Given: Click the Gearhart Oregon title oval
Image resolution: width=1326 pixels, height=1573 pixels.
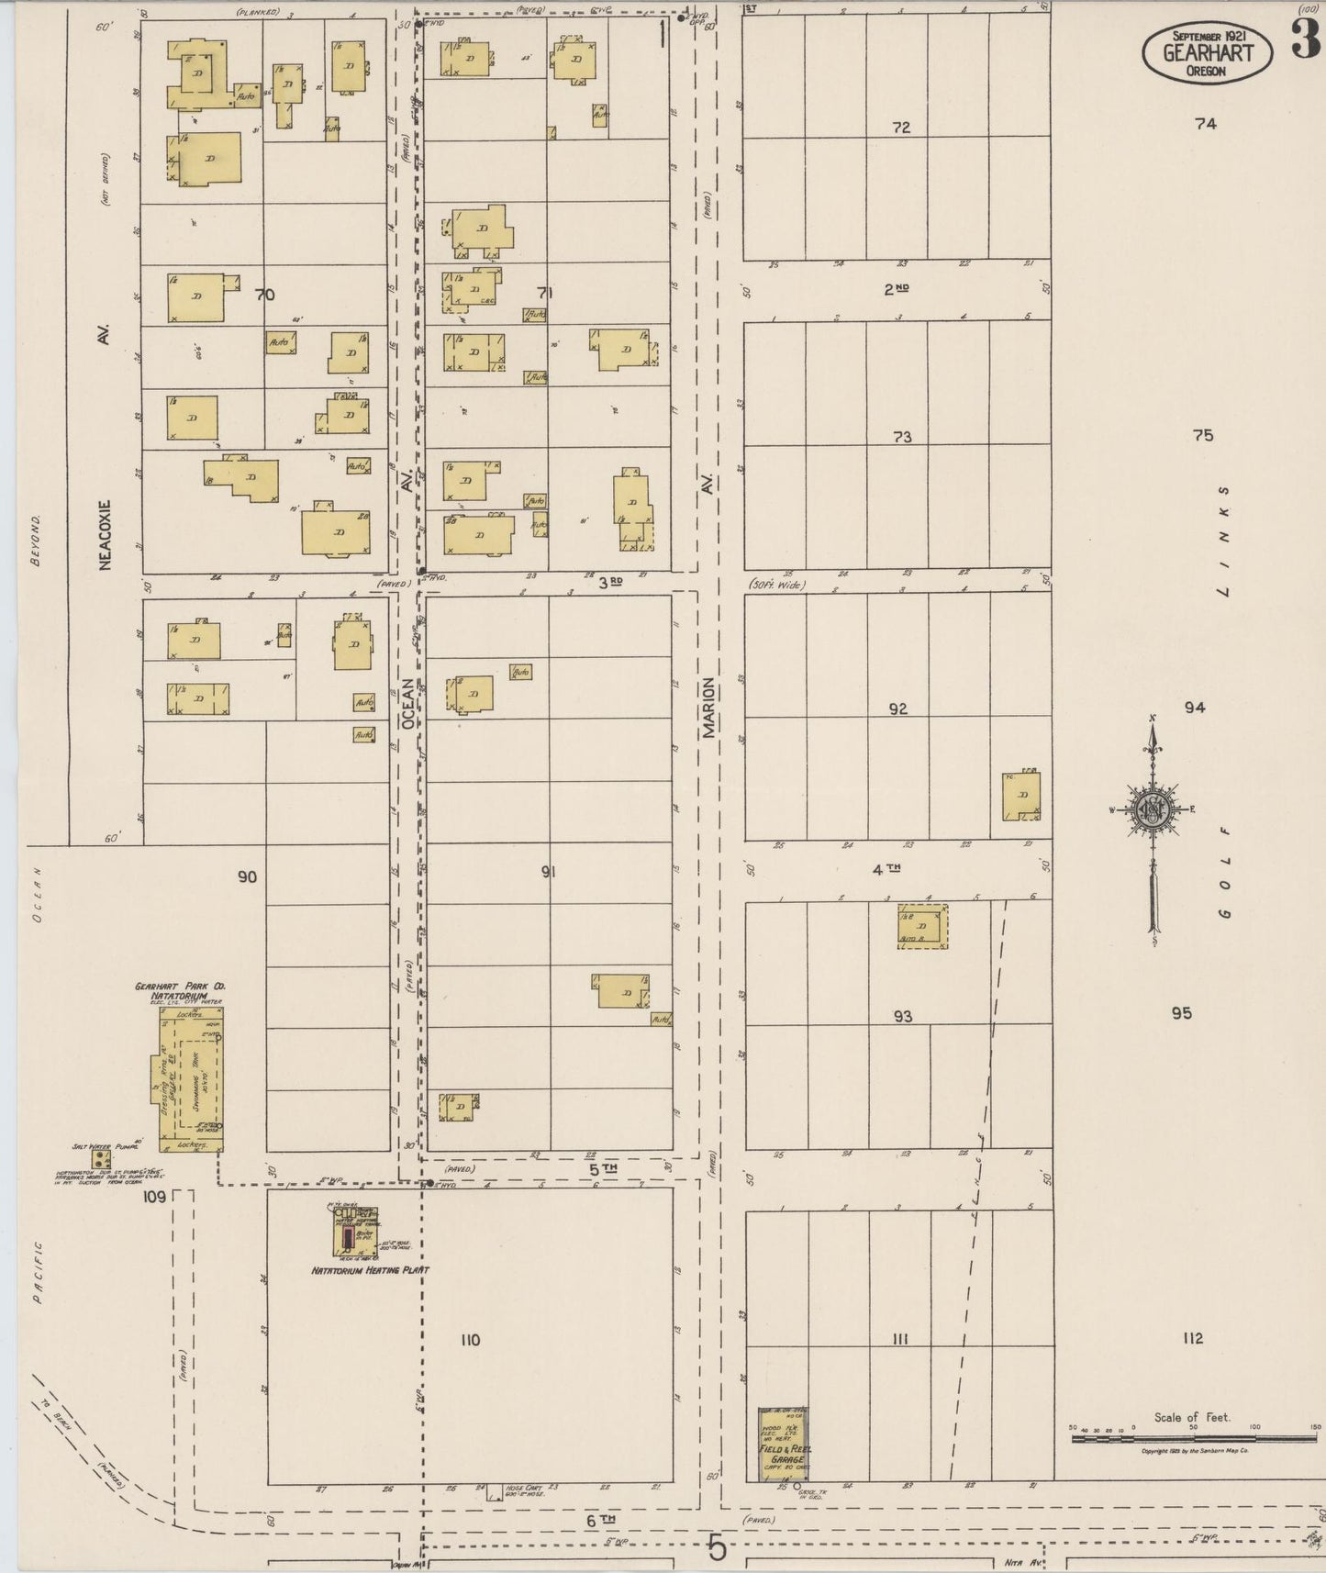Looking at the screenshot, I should [x=1207, y=51].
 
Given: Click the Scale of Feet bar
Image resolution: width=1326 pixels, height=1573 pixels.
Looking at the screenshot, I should [x=1193, y=1438].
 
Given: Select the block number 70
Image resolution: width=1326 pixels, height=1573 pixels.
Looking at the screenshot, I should [x=265, y=296].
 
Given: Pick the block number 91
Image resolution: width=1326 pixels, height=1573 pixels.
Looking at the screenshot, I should [x=548, y=872].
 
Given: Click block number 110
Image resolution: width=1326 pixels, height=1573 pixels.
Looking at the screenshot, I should [x=470, y=1340].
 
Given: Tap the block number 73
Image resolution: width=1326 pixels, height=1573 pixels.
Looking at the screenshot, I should [x=902, y=438].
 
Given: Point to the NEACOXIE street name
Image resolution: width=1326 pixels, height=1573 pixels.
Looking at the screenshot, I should [x=105, y=535].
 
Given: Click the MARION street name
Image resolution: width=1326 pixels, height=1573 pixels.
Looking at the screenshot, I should [x=708, y=708].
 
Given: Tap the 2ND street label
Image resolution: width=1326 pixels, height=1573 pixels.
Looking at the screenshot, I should [x=896, y=289].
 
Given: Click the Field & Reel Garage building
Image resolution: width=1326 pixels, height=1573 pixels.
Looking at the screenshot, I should [x=783, y=1444].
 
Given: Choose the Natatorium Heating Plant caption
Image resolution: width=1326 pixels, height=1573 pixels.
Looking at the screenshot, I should [x=370, y=1270].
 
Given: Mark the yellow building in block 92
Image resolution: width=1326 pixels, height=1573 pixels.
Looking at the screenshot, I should [x=1020, y=797].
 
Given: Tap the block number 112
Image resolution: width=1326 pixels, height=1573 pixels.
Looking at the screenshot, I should [x=1192, y=1339].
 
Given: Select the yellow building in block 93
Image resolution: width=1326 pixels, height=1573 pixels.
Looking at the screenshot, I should [x=922, y=927].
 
